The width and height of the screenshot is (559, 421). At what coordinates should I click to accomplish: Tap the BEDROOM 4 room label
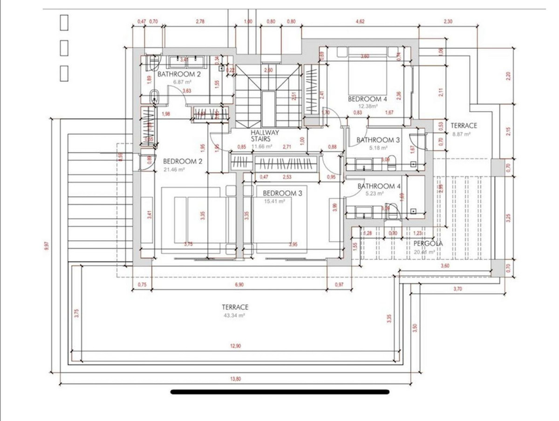[368, 99]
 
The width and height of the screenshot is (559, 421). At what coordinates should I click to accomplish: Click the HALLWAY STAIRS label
[265, 136]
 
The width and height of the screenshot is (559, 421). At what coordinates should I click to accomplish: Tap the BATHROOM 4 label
[379, 186]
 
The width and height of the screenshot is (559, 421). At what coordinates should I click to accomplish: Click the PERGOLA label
[428, 243]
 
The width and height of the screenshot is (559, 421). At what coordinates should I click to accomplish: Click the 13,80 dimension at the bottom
[236, 380]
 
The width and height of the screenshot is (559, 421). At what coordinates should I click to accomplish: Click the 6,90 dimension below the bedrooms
[239, 284]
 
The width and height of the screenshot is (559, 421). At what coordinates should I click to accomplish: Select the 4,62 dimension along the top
[360, 21]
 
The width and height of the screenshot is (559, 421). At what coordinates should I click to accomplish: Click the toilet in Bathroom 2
[154, 97]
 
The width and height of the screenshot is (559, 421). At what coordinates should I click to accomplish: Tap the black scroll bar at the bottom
[279, 392]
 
